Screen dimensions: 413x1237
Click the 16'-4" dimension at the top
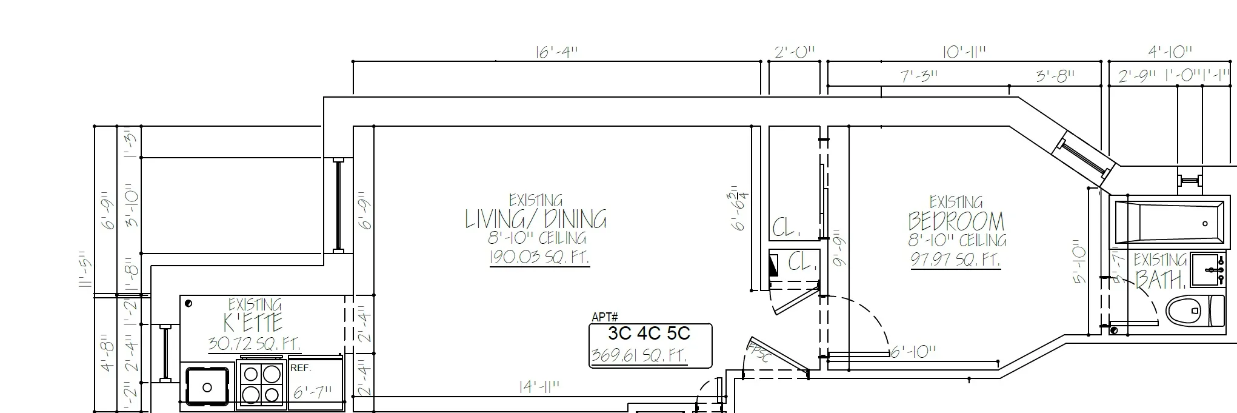click(556, 52)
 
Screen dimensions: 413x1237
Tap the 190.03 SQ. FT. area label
click(539, 257)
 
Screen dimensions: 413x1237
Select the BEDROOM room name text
click(956, 221)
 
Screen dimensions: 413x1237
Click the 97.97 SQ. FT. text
click(955, 260)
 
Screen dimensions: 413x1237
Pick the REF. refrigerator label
click(301, 368)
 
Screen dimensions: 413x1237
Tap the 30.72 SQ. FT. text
click(254, 344)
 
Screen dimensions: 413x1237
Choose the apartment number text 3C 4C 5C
click(649, 334)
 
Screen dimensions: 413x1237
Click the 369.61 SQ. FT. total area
click(639, 355)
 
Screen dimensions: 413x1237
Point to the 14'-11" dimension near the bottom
click(539, 387)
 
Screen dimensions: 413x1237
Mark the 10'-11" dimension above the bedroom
click(964, 52)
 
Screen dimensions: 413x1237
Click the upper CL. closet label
click(786, 229)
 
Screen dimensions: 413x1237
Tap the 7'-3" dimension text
click(919, 76)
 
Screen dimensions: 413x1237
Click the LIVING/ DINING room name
click(536, 219)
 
